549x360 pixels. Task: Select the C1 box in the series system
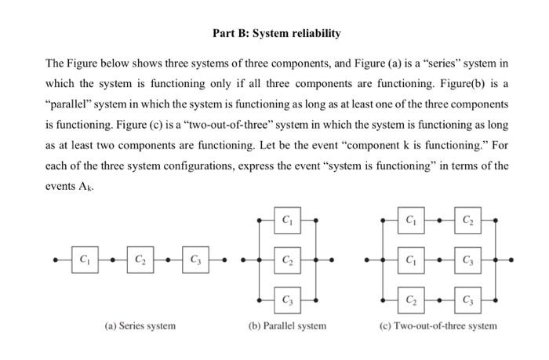point(84,259)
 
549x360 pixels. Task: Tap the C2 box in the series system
point(139,259)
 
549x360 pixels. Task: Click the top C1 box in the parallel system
point(286,220)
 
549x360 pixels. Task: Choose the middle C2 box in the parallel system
point(286,259)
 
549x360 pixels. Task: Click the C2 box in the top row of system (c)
point(467,220)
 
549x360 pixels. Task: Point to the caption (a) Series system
point(140,325)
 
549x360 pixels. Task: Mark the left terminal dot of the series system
point(54,260)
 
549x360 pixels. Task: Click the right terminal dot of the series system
point(224,260)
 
